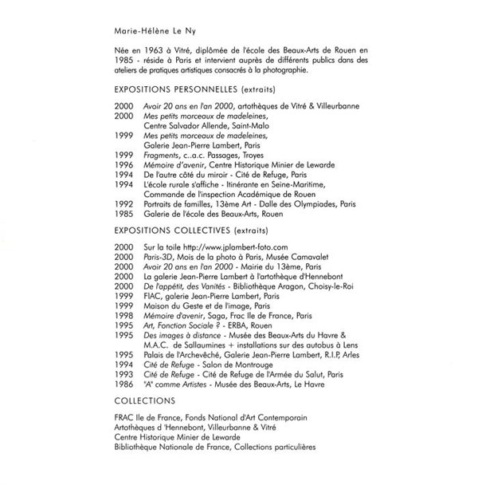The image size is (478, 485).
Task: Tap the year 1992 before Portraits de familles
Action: [x=123, y=202]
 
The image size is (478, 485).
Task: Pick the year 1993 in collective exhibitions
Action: [x=123, y=372]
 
